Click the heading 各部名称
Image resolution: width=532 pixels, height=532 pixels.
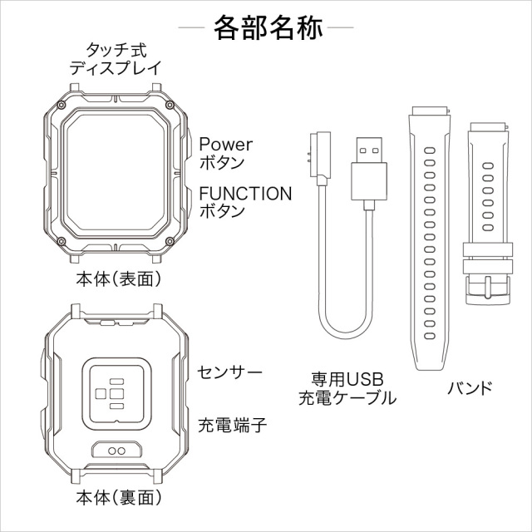pyautogui.click(x=268, y=27)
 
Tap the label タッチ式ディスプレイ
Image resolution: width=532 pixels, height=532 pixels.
pyautogui.click(x=116, y=59)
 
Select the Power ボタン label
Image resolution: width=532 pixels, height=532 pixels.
pyautogui.click(x=225, y=153)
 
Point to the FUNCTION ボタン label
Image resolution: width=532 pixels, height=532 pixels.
pyautogui.click(x=245, y=202)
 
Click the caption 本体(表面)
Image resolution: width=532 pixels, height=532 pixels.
pyautogui.click(x=119, y=279)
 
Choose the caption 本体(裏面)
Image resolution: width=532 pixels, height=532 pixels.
pyautogui.click(x=119, y=498)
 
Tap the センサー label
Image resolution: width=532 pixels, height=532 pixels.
pyautogui.click(x=229, y=372)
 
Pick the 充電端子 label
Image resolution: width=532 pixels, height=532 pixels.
pyautogui.click(x=233, y=425)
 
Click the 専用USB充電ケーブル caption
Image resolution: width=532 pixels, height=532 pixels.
pyautogui.click(x=347, y=389)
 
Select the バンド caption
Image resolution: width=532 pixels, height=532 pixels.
pyautogui.click(x=470, y=388)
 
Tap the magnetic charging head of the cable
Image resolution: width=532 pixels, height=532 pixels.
pyautogui.click(x=319, y=158)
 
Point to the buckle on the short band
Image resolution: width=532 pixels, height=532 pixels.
pyautogui.click(x=488, y=289)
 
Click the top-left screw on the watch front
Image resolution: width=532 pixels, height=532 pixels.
pyautogui.click(x=61, y=105)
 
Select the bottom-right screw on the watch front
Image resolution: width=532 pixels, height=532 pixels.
pyautogui.click(x=170, y=241)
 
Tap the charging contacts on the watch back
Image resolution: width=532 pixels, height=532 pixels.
pyautogui.click(x=116, y=451)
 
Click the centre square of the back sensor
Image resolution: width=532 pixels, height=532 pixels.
pyautogui.click(x=116, y=393)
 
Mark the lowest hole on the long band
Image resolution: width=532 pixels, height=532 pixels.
pyautogui.click(x=430, y=336)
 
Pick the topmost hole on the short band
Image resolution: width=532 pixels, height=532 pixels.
pyautogui.click(x=488, y=165)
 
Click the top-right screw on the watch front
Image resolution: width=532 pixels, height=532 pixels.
pyautogui.click(x=170, y=105)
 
